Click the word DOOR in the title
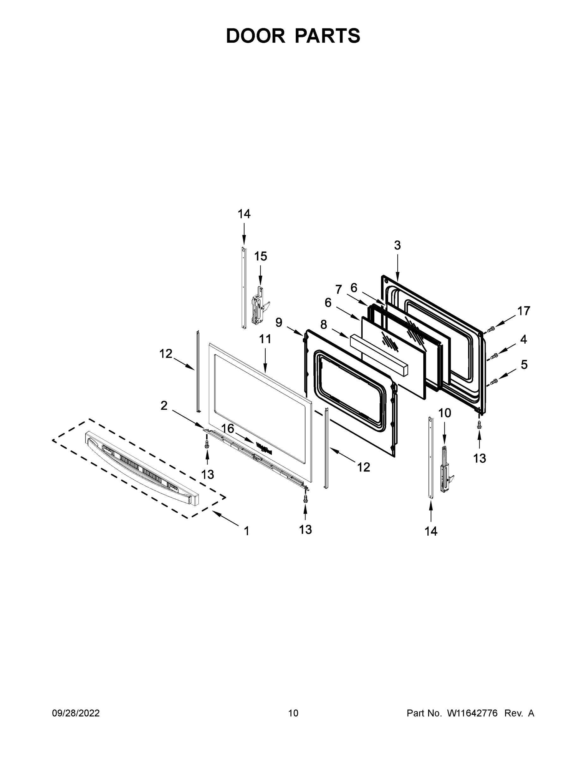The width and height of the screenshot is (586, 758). pos(255,36)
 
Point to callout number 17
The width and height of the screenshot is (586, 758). pos(523,311)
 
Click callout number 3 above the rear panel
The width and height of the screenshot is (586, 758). pos(397,245)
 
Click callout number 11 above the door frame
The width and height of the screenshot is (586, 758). pos(265,339)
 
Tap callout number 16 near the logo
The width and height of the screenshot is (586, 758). pos(228,429)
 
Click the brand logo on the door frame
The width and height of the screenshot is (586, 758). pos(264,448)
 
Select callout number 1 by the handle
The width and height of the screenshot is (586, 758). pos(246,531)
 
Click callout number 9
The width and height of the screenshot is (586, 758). pos(279,322)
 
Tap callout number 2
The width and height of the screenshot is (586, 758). pos(164,405)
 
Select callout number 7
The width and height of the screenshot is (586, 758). pos(338,289)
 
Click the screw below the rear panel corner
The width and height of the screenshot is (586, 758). pos(480,424)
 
